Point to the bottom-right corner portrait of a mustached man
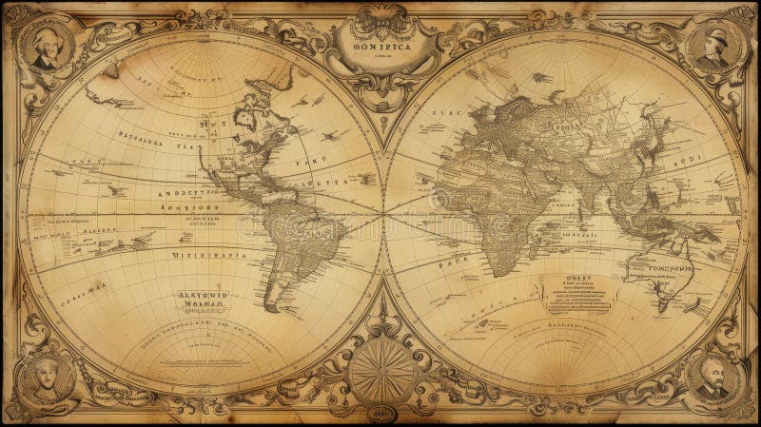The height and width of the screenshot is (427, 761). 712,378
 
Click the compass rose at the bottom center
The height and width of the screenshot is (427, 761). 380,371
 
